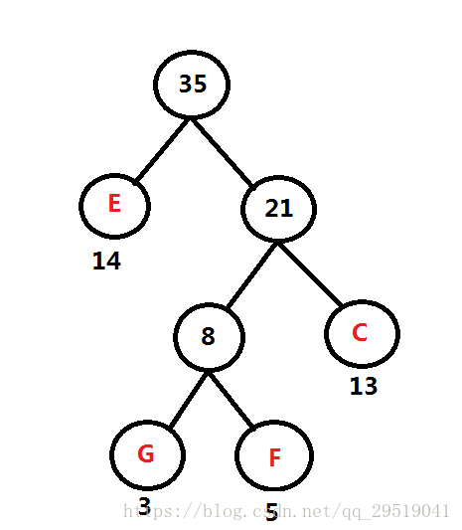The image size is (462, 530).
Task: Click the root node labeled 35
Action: (192, 85)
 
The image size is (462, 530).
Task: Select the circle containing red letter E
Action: (114, 206)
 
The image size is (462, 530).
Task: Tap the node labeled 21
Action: (278, 209)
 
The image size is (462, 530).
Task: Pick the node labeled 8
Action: (209, 337)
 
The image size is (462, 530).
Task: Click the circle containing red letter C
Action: (362, 334)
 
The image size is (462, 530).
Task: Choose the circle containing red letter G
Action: (147, 455)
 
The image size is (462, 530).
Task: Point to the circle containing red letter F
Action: (274, 455)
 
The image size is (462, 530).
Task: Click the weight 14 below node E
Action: (106, 261)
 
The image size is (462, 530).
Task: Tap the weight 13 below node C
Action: (364, 386)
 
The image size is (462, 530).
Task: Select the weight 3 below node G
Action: (144, 506)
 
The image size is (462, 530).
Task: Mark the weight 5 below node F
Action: (272, 512)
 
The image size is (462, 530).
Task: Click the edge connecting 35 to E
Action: (162, 150)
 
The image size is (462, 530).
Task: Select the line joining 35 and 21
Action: (222, 152)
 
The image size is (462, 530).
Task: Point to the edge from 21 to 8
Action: (252, 274)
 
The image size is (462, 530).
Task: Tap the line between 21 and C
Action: (310, 274)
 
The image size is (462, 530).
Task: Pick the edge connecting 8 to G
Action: (189, 399)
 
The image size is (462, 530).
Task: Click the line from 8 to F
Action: (231, 400)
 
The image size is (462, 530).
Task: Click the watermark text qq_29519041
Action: (395, 511)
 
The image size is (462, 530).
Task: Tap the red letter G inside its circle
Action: (146, 453)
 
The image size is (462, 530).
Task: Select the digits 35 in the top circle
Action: (193, 84)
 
